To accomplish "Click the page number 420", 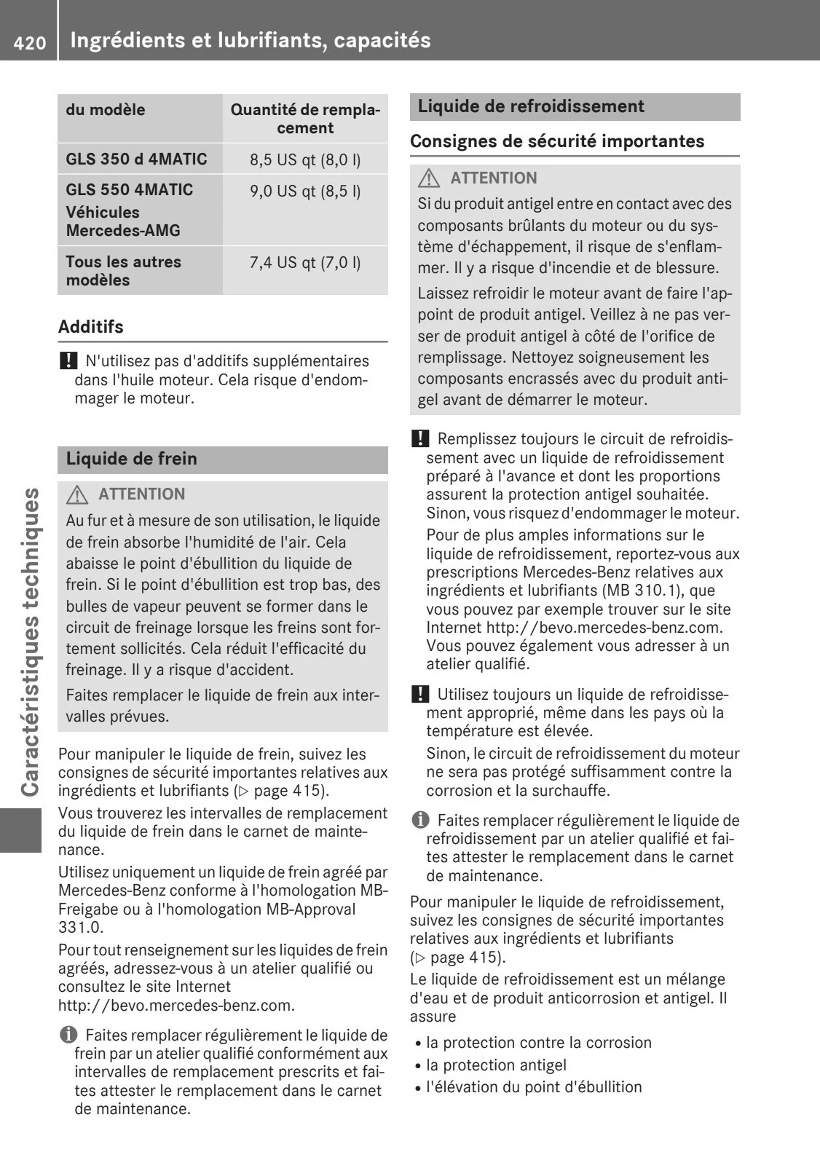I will coord(29,43).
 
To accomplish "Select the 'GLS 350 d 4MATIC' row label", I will coord(136,159).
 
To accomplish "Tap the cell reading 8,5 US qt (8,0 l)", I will coord(305,159).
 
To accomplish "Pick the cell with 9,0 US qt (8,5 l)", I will coord(305,191).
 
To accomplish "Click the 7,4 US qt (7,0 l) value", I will coord(305,262).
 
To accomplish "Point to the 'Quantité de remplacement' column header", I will coord(305,119).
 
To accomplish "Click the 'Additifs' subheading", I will coord(91,326).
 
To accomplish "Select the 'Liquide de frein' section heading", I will coord(132,459).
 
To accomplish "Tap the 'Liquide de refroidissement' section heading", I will coord(531,106).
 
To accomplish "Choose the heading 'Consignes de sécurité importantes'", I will coord(557,141).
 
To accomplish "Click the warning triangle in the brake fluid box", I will coord(77,495).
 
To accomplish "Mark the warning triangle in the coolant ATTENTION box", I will coord(429,178).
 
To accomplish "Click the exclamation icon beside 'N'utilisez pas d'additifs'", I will coord(68,360).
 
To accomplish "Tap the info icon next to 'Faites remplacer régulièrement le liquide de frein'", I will coord(68,1035).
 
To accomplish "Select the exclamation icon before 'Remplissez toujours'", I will coord(419,438).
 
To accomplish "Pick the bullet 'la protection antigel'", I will coord(496,1065).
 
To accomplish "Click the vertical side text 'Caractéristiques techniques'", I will coord(30,641).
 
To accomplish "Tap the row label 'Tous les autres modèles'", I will coord(123,271).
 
